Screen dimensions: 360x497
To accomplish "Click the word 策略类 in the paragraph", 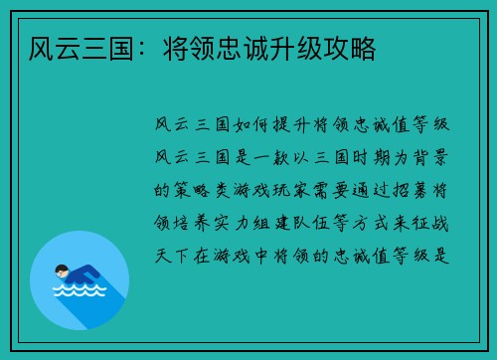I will (208, 189).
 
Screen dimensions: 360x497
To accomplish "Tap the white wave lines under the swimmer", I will (79, 292).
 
